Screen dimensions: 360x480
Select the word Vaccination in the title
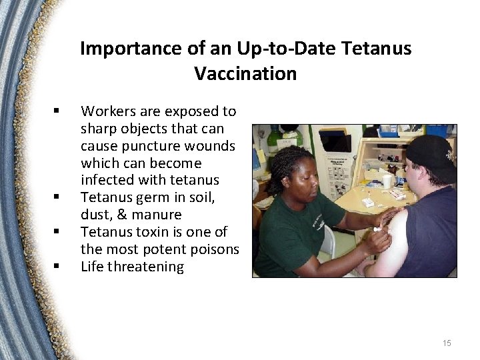pyautogui.click(x=245, y=73)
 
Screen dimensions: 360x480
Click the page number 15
pyautogui.click(x=446, y=343)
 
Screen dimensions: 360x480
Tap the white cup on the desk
pyautogui.click(x=387, y=181)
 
